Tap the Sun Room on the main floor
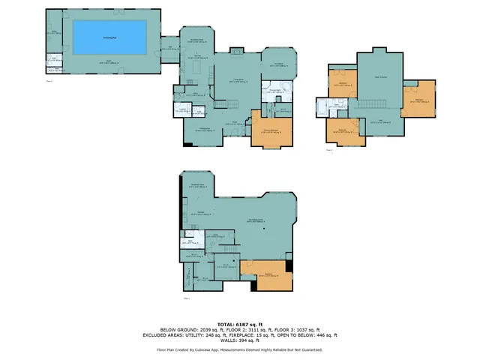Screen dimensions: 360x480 pos(278,65)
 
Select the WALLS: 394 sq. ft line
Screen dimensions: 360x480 pos(240,342)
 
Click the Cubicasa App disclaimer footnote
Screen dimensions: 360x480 pos(240,349)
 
